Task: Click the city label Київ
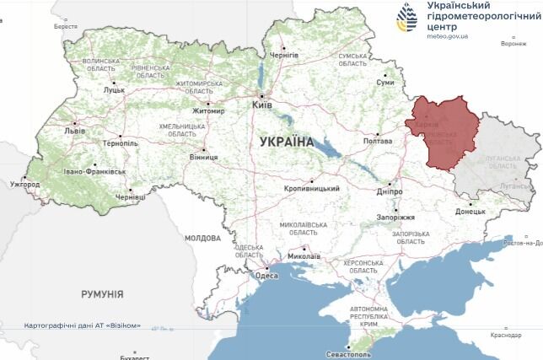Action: tap(261, 105)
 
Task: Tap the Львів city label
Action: tap(74, 132)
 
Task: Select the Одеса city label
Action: tap(266, 276)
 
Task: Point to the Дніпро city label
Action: tap(390, 192)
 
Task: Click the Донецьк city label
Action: tap(470, 212)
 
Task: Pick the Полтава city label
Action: tap(377, 142)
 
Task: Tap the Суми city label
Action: tap(385, 83)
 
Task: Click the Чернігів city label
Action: tap(283, 55)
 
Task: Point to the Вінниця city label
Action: tap(203, 157)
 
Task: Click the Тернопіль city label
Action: tap(121, 143)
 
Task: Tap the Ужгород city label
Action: tap(24, 184)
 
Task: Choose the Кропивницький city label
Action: tap(312, 189)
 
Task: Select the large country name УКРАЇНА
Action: tap(287, 142)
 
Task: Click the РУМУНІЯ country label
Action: tap(102, 294)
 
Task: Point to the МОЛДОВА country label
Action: tap(202, 238)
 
